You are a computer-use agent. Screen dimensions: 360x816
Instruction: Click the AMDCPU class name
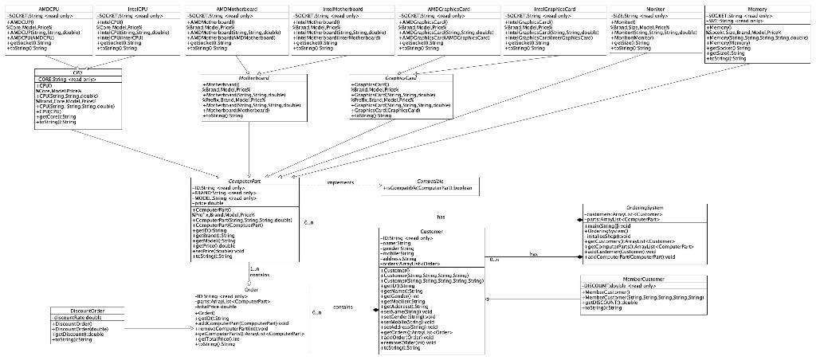pos(39,8)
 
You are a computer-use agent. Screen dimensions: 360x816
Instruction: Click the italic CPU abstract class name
pos(77,72)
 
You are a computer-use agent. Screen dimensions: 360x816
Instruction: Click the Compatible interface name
pos(430,182)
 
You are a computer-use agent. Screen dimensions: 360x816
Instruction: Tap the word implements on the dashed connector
pos(340,183)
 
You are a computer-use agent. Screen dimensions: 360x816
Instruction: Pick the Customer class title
pos(431,232)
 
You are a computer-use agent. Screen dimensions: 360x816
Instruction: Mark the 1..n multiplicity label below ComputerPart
pos(254,268)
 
